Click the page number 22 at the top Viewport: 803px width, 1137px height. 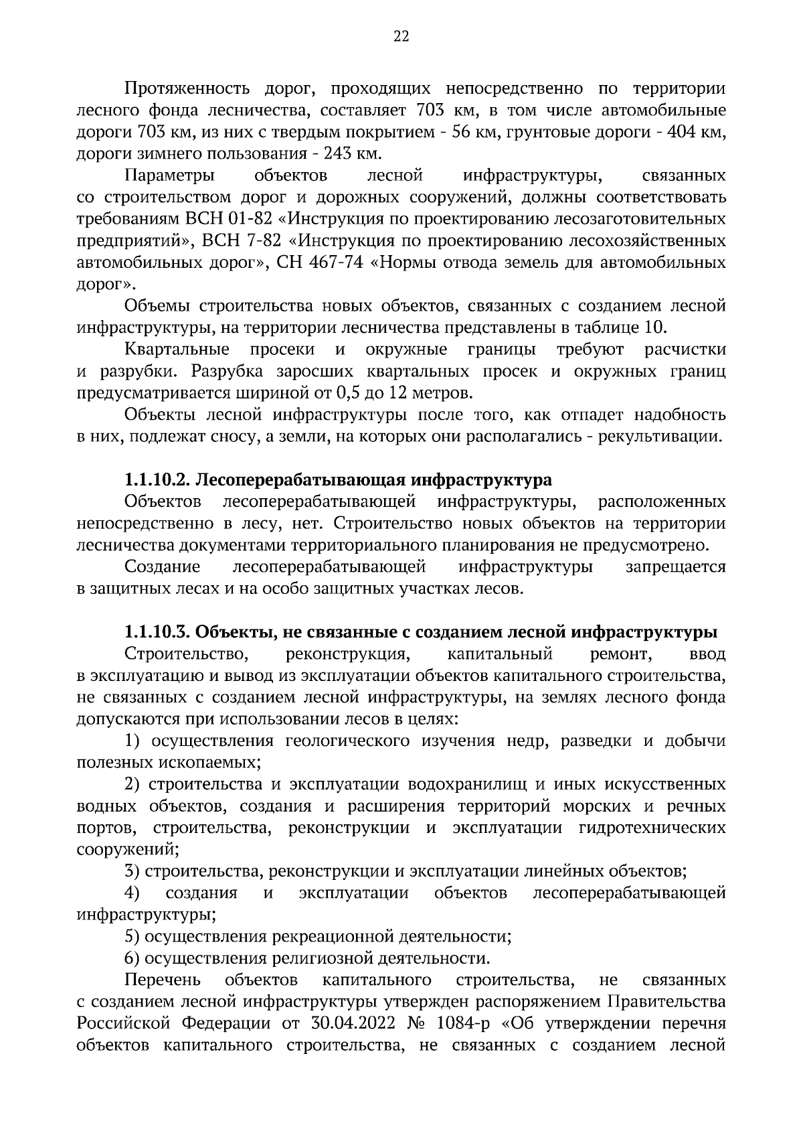pos(401,37)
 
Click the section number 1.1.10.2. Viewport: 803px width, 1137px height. pos(158,480)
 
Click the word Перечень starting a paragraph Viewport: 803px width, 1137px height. pos(163,980)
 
